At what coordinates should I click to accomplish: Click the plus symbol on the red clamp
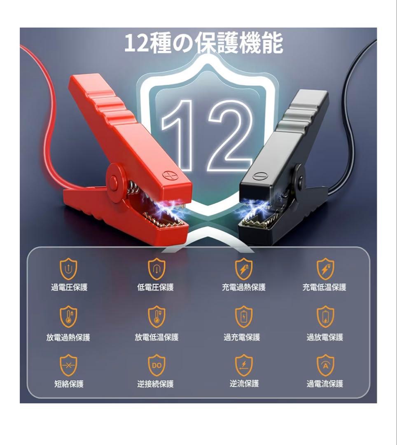(x=168, y=176)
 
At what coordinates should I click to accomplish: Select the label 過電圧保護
(x=69, y=287)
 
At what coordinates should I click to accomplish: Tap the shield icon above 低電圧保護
(x=156, y=269)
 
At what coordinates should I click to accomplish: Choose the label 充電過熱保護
(x=244, y=287)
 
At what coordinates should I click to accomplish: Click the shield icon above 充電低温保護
(x=325, y=269)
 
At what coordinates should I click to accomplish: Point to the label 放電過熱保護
(x=68, y=337)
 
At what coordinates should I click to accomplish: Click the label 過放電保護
(x=325, y=337)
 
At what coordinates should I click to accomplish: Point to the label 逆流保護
(x=244, y=384)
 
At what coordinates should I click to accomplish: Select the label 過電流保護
(x=325, y=384)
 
